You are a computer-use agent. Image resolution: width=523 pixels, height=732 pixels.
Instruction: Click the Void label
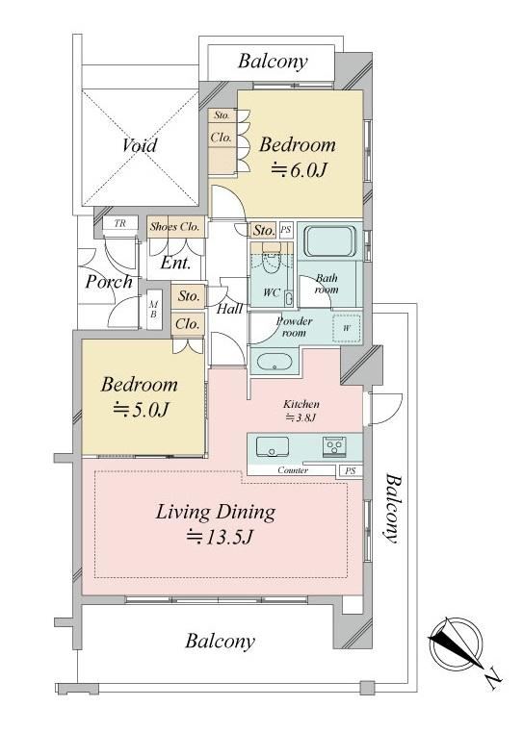tap(140, 145)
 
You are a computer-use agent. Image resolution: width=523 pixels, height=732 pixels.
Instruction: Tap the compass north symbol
tap(457, 644)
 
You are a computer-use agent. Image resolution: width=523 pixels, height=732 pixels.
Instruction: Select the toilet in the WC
tap(270, 260)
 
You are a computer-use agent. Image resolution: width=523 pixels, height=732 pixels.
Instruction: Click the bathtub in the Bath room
tap(329, 242)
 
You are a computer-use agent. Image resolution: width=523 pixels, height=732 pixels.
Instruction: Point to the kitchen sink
tap(272, 446)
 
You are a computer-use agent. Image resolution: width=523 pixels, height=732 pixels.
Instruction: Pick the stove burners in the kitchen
tap(334, 446)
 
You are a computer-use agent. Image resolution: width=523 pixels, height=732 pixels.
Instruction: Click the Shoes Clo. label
tap(175, 227)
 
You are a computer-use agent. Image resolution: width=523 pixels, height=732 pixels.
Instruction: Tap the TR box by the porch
tap(120, 223)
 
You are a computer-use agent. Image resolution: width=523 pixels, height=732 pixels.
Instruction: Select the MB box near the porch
tap(153, 310)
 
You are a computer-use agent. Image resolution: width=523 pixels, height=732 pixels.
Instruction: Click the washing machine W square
tap(347, 328)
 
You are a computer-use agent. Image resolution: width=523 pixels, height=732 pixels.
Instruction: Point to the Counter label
tap(293, 470)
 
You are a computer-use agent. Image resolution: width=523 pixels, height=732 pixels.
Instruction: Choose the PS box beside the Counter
tap(350, 471)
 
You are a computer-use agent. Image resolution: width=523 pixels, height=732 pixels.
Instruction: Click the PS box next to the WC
tap(285, 230)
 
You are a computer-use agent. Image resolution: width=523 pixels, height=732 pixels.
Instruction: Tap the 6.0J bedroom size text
tap(299, 170)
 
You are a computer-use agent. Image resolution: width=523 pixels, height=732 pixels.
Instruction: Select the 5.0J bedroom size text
tap(141, 410)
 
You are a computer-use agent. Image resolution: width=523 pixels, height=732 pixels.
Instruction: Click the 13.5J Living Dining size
tap(220, 537)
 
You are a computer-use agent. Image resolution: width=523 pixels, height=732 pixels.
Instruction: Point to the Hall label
tap(230, 309)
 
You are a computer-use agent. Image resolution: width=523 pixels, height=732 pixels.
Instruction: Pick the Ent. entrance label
tap(175, 264)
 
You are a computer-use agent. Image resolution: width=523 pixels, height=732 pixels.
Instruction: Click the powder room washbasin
tap(275, 362)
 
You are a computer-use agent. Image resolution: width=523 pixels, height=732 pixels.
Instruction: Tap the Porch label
tap(110, 283)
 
